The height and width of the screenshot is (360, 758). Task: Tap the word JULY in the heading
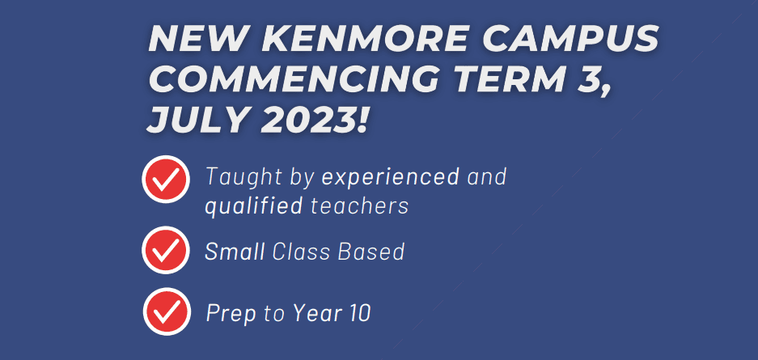pos(197,120)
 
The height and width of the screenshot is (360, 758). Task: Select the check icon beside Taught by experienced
pos(166,179)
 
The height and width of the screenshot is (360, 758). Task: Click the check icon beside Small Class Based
pos(166,250)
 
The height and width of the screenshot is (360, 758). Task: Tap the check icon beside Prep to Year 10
pos(167,311)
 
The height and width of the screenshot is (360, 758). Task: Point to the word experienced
pos(390,178)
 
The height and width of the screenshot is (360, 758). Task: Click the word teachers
pos(360,205)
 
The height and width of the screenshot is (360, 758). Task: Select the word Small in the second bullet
pos(235,252)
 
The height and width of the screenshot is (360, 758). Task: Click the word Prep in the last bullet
pos(231,314)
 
